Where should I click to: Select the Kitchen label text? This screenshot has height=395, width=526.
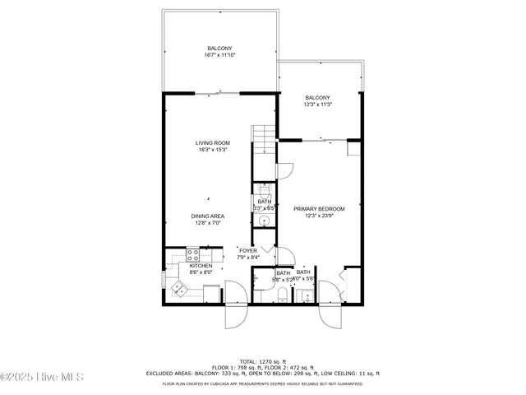coord(201,266)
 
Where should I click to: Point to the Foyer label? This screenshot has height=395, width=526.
coord(248,250)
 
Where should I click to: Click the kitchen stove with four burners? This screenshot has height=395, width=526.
coord(194,254)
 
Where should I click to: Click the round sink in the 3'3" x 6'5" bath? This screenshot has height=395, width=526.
coord(265,220)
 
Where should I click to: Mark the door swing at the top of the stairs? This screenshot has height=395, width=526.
coord(284,170)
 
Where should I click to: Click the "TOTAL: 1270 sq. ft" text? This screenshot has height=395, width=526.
coord(262,361)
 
